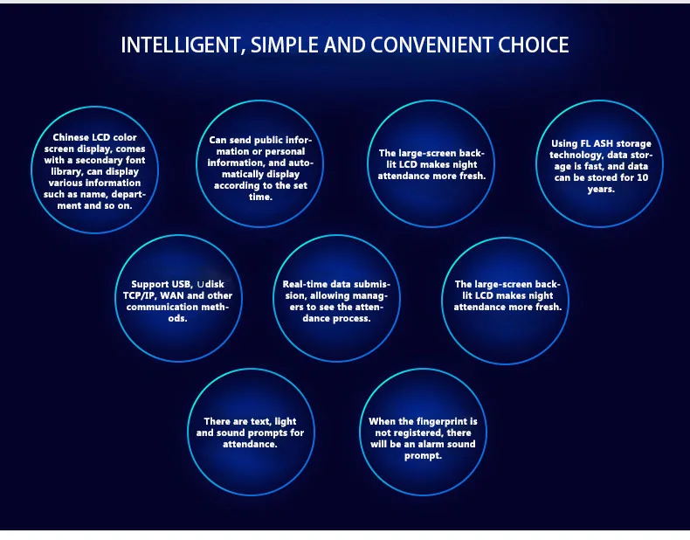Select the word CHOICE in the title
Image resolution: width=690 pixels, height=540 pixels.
pos(534,45)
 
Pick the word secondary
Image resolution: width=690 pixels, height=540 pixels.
pos(97,161)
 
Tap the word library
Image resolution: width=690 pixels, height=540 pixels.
pos(67,172)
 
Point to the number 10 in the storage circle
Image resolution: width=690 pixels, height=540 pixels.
pos(643,177)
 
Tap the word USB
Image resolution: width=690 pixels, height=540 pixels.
pos(182,285)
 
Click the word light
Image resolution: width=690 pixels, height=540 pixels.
pos(285,422)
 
